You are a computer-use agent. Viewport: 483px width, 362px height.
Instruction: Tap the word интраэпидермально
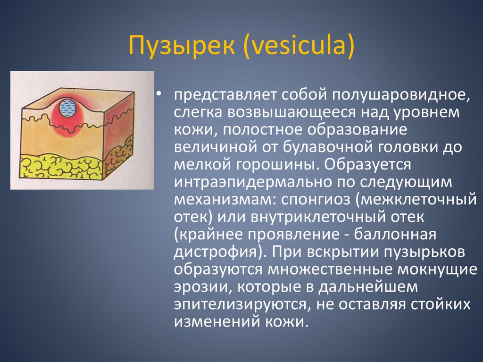click(x=250, y=183)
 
